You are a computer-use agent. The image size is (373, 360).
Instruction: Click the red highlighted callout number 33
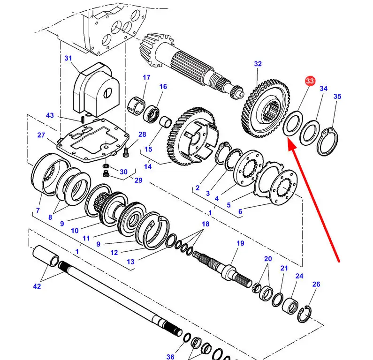(x=309, y=81)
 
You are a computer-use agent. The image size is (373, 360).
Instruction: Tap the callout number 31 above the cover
(x=69, y=58)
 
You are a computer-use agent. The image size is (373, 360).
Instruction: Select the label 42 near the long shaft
(x=37, y=286)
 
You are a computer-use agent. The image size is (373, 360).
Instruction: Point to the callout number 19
(x=240, y=243)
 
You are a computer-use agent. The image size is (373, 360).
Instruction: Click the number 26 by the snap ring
(x=316, y=284)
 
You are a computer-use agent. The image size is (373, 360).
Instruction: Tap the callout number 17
(x=146, y=77)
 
